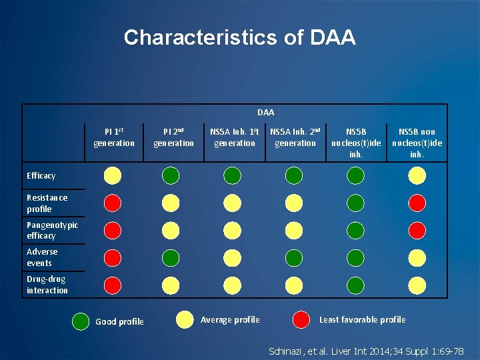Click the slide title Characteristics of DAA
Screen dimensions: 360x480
click(x=239, y=37)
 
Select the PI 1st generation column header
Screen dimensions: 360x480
click(x=113, y=137)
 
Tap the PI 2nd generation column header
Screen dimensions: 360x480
click(x=173, y=137)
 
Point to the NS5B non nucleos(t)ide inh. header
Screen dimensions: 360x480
click(x=417, y=143)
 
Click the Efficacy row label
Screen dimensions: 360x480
click(x=41, y=176)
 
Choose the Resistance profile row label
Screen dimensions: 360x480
click(x=47, y=203)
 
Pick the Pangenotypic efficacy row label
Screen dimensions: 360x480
click(x=52, y=230)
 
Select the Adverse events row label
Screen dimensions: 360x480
click(x=42, y=257)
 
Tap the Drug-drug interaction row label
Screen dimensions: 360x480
click(x=47, y=285)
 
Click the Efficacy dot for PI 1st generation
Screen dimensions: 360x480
click(x=113, y=175)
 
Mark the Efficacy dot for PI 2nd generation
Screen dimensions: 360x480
click(x=171, y=175)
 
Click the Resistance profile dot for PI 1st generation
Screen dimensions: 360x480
click(x=113, y=202)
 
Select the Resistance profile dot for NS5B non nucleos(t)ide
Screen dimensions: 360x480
click(x=417, y=202)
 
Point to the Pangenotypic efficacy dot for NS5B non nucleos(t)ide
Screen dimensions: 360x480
click(x=417, y=230)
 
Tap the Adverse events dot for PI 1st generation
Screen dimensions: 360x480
click(x=113, y=257)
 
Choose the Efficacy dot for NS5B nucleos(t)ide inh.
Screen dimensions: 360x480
click(x=356, y=175)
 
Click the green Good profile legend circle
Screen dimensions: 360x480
click(x=81, y=321)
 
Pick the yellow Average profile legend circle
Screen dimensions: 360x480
click(x=185, y=320)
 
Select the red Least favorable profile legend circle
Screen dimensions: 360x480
click(x=302, y=319)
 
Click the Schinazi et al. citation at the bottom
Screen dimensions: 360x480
click(x=366, y=350)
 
